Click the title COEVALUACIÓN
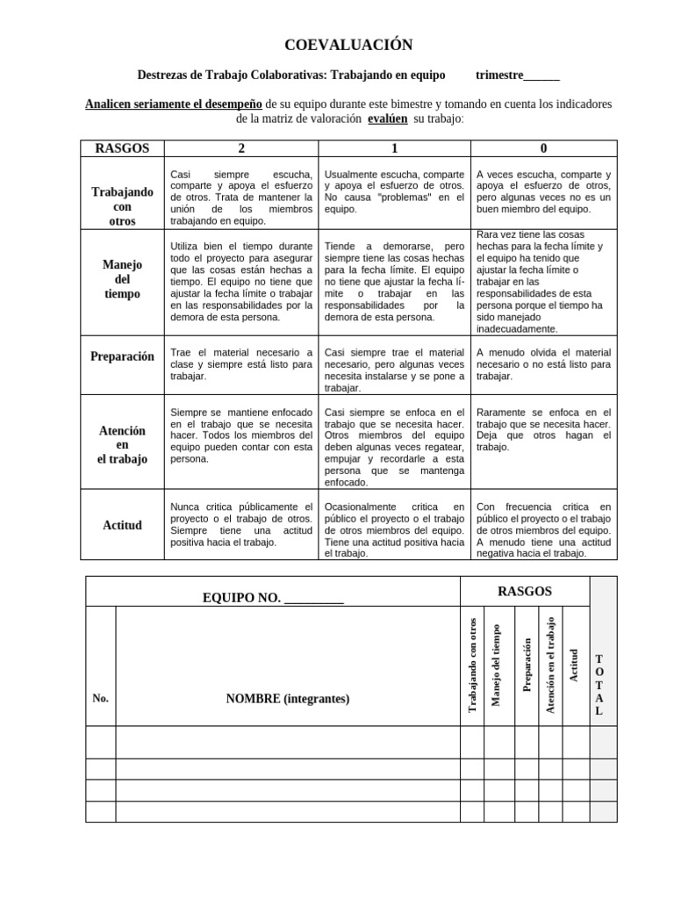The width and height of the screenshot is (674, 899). coord(336,45)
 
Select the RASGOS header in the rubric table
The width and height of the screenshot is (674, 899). coord(122,148)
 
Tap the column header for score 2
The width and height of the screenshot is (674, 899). coord(240,148)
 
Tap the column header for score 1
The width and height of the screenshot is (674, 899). coord(394,148)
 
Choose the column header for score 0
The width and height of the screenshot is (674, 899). coord(543,148)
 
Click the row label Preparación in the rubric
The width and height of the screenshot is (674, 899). coord(122,356)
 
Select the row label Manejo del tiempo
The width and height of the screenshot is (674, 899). coord(122,278)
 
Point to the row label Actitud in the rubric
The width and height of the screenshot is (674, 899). coord(122,525)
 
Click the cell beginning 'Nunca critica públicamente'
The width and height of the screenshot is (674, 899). coord(240,524)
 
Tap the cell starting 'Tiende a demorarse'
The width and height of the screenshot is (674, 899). coord(394,278)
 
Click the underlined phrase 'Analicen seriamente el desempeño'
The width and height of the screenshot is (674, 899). coord(174,104)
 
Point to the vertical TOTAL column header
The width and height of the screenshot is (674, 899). coord(599,685)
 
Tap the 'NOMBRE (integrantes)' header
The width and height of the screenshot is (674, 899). coord(287,699)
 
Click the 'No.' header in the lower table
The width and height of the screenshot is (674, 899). coord(100,699)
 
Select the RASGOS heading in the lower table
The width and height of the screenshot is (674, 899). coord(524,591)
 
